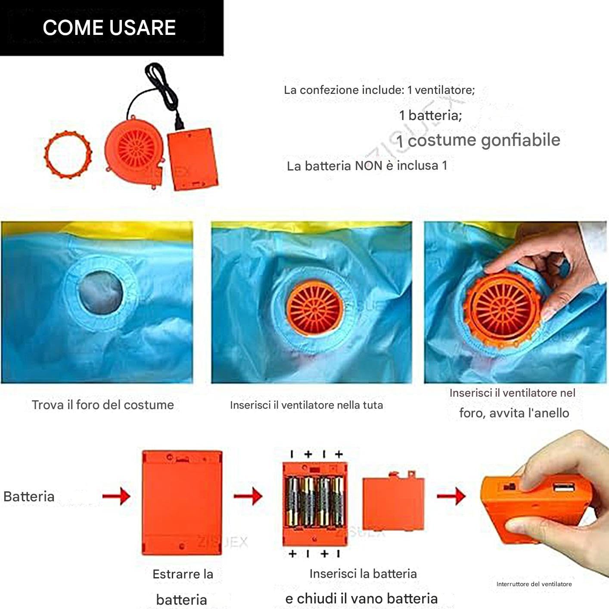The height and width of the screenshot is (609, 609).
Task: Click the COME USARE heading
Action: [109, 28]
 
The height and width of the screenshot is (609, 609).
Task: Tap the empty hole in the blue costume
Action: [100, 293]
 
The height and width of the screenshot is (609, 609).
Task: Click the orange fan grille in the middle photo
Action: [315, 308]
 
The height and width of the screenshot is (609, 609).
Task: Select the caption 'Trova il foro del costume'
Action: [103, 405]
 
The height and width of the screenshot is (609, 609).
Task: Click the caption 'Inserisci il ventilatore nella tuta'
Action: [306, 405]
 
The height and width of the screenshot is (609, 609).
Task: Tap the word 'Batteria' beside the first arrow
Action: [29, 497]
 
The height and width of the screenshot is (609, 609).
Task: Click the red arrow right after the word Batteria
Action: [116, 496]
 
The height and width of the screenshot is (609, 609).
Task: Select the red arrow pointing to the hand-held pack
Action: [451, 496]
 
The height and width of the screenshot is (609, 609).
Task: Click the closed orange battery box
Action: [182, 503]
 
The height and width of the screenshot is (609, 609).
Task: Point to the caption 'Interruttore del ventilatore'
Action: [534, 584]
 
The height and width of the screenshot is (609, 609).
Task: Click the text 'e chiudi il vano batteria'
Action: [361, 599]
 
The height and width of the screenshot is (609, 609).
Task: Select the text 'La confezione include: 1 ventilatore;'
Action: [379, 90]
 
